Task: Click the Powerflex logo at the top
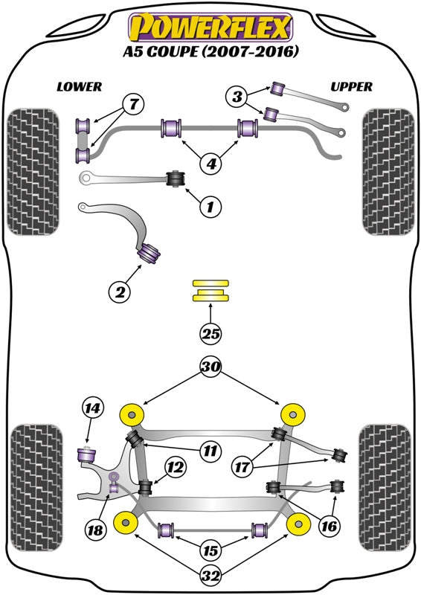click(210, 28)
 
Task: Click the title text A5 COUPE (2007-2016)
click(210, 52)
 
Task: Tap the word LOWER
click(80, 87)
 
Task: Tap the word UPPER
click(351, 87)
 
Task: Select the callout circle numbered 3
click(237, 96)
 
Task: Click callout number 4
click(211, 162)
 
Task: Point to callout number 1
click(210, 208)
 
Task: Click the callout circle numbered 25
click(210, 335)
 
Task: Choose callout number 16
click(329, 526)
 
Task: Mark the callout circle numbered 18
click(95, 531)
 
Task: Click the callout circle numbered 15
click(211, 551)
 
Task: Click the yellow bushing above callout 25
click(210, 291)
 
